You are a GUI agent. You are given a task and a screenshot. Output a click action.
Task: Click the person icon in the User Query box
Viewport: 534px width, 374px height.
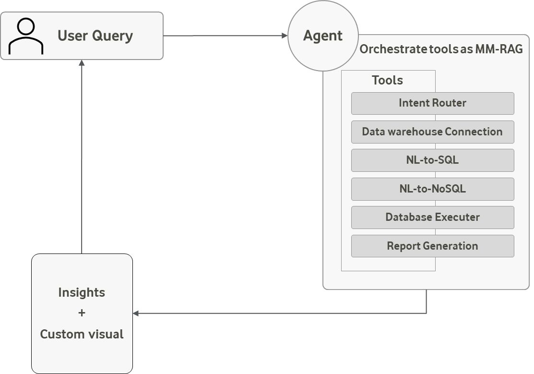[x=26, y=36]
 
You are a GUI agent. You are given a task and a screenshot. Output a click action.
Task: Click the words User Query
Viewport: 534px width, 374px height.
[x=95, y=36]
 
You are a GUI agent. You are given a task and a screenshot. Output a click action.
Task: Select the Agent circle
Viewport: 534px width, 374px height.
[x=323, y=36]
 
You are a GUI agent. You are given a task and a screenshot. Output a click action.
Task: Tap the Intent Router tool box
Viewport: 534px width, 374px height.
[x=432, y=103]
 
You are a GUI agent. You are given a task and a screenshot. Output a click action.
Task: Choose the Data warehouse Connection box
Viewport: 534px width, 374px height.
[x=432, y=132]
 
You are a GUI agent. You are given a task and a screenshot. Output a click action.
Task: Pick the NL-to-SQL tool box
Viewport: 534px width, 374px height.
[x=432, y=160]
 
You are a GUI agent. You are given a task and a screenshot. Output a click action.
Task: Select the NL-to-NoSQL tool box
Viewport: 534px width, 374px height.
[x=432, y=189]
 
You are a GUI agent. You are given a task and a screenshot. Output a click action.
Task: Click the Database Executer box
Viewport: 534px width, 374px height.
[x=432, y=217]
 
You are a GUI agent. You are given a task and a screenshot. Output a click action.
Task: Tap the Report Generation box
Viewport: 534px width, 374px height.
[x=432, y=246]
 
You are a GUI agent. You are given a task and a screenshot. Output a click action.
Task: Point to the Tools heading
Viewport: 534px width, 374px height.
[x=387, y=81]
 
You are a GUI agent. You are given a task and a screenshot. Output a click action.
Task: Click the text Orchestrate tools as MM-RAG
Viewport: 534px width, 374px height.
[x=441, y=49]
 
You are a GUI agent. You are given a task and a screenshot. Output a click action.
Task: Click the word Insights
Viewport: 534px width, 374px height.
[x=82, y=292]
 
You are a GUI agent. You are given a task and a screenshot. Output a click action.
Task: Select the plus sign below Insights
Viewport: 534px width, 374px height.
[x=82, y=313]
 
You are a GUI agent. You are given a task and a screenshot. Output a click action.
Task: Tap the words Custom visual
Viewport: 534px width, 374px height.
[x=82, y=334]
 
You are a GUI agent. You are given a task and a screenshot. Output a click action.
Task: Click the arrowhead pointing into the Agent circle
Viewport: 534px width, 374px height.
[x=285, y=36]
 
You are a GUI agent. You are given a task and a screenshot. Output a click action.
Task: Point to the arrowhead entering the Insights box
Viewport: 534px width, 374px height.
[x=136, y=314]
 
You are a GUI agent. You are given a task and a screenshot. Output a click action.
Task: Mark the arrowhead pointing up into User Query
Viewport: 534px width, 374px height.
[x=82, y=63]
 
